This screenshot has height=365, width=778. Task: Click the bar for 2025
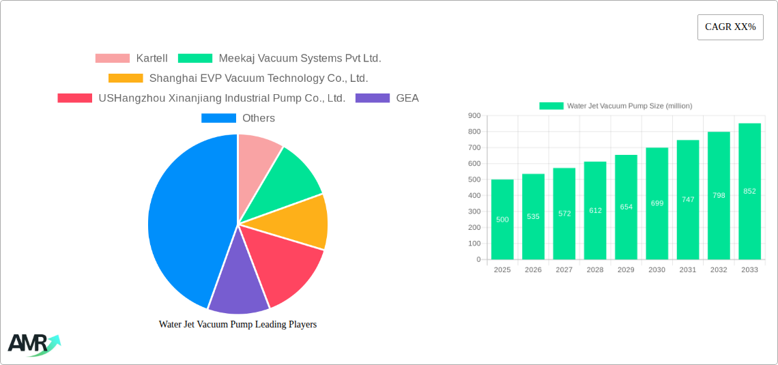pyautogui.click(x=502, y=219)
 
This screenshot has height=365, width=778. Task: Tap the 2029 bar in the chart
pyautogui.click(x=626, y=207)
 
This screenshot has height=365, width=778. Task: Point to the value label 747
pyautogui.click(x=688, y=199)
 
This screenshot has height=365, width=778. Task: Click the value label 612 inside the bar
pyautogui.click(x=595, y=210)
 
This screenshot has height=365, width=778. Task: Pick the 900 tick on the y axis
pyautogui.click(x=474, y=116)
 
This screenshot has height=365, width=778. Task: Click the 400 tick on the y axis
pyautogui.click(x=474, y=196)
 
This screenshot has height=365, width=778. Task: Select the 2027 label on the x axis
pyautogui.click(x=564, y=270)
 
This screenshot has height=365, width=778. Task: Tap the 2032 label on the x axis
pyautogui.click(x=719, y=270)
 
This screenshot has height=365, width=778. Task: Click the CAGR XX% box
pyautogui.click(x=730, y=27)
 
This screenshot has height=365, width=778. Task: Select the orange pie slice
pyautogui.click(x=300, y=222)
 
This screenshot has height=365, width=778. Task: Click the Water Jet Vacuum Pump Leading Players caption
pyautogui.click(x=237, y=325)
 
